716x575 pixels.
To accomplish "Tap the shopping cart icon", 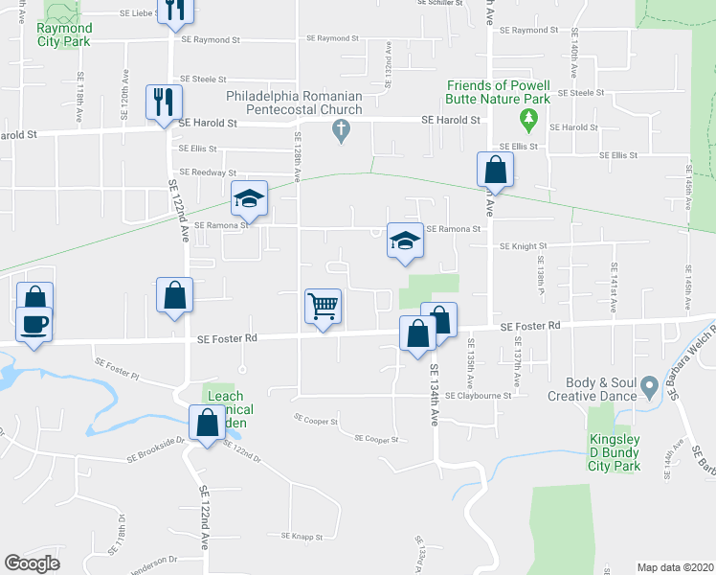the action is (324, 307).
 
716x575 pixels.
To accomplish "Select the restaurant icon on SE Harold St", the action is (162, 102).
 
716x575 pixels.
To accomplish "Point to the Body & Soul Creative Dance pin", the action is (650, 387).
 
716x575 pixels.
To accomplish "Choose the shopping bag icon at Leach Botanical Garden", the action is (207, 423).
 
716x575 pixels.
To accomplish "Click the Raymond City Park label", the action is (64, 34).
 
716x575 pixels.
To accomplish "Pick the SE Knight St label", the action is (522, 246).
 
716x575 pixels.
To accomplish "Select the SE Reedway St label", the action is (207, 172).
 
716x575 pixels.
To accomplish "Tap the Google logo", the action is (33, 563).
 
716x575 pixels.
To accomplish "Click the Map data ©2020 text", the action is (674, 567).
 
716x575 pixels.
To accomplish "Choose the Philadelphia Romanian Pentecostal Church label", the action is (294, 103).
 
